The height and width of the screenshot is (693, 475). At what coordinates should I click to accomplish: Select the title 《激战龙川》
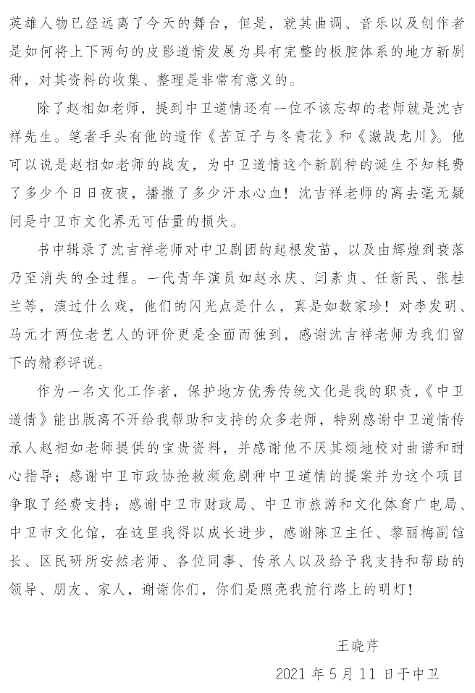coord(399,135)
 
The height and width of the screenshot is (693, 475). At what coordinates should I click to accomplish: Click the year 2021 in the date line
coord(292,674)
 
